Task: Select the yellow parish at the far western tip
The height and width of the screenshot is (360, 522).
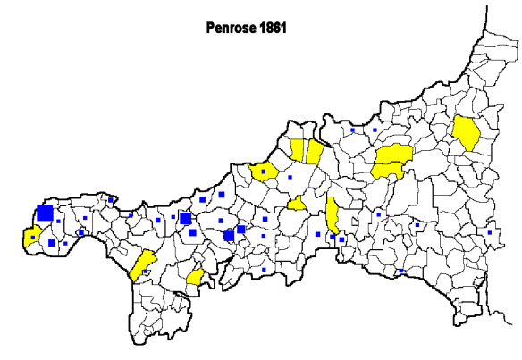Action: pyautogui.click(x=31, y=237)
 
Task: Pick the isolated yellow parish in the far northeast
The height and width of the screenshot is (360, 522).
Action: pyautogui.click(x=467, y=132)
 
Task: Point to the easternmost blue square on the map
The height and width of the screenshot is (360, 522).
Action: pyautogui.click(x=489, y=232)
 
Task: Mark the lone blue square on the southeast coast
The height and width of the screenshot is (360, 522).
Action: pyautogui.click(x=400, y=271)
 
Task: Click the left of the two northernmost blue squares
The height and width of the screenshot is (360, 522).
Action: pyautogui.click(x=352, y=130)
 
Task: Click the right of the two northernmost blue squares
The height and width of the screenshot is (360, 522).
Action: pyautogui.click(x=375, y=130)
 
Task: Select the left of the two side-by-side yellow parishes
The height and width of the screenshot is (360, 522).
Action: pyautogui.click(x=297, y=150)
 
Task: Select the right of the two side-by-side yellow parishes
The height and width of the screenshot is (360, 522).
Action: pyautogui.click(x=315, y=151)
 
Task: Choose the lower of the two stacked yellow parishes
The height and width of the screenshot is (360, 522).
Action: pyautogui.click(x=386, y=169)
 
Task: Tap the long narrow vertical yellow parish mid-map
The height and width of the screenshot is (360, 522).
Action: pyautogui.click(x=332, y=214)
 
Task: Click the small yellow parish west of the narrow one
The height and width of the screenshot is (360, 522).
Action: pyautogui.click(x=296, y=205)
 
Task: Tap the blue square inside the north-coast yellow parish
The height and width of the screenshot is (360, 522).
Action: pyautogui.click(x=265, y=170)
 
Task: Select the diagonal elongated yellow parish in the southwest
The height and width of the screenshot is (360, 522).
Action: pyautogui.click(x=143, y=265)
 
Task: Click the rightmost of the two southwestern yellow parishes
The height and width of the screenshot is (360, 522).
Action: pyautogui.click(x=195, y=278)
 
